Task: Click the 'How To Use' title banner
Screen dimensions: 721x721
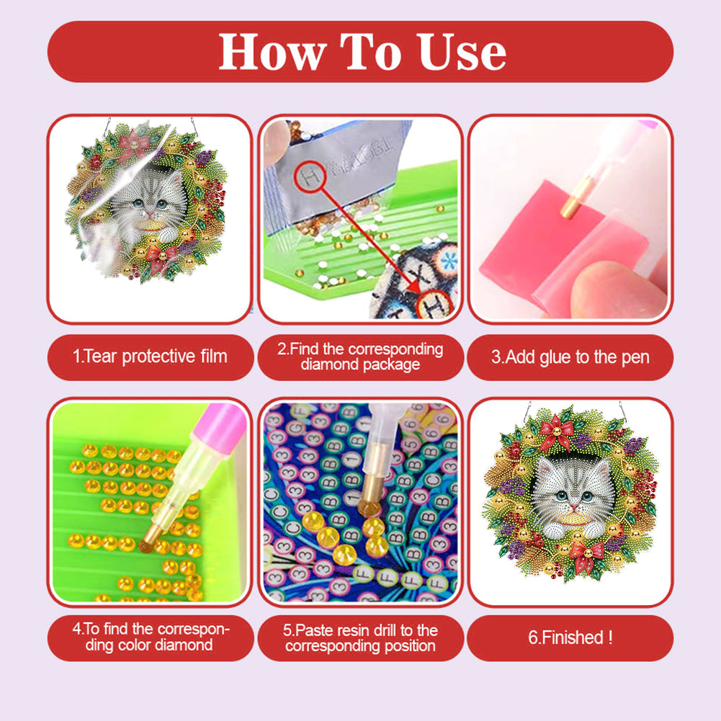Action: tap(360, 52)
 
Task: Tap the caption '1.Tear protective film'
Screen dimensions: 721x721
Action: tap(151, 357)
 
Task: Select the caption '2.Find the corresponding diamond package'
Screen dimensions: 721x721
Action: tap(360, 357)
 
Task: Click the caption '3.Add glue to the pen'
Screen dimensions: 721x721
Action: tap(570, 357)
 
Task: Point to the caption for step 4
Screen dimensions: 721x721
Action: tap(151, 637)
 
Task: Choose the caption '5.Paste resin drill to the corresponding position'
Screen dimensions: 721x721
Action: tap(360, 637)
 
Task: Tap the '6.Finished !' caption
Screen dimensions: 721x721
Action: tap(570, 637)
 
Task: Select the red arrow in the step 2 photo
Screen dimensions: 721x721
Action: tap(375, 238)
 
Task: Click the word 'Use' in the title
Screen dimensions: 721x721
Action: tap(462, 52)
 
